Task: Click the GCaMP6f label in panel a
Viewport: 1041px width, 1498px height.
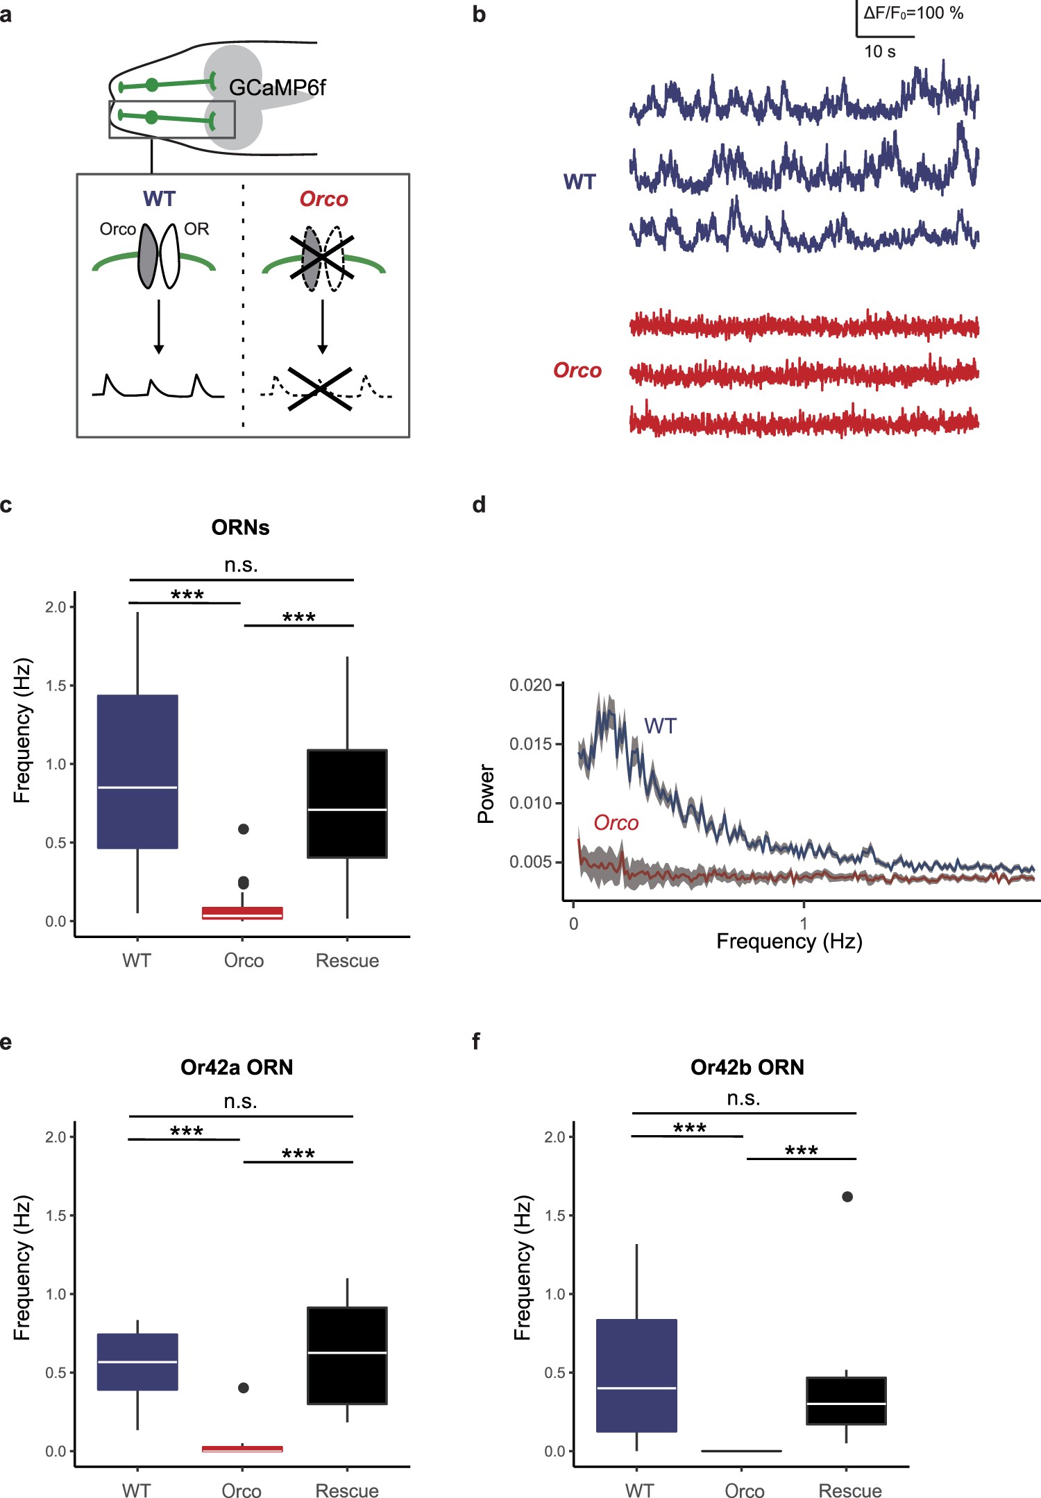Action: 277,88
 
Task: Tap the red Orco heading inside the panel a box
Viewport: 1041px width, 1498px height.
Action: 323,199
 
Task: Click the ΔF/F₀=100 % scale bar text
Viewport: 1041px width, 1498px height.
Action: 913,13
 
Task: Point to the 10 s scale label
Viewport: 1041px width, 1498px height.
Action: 879,52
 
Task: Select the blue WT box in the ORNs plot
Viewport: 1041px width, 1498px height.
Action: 137,771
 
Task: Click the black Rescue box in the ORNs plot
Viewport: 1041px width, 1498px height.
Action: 347,803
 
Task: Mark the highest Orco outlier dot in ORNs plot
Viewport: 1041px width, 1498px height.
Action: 244,828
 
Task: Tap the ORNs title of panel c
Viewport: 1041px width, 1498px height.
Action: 240,527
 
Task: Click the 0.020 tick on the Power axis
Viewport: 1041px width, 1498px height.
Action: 530,686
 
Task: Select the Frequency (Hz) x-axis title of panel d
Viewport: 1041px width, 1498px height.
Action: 789,942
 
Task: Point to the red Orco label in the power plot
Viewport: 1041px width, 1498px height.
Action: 616,823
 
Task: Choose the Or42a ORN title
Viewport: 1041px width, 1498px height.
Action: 237,1066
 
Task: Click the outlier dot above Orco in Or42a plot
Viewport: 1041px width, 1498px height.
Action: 244,1388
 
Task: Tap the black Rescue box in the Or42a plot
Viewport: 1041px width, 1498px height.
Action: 347,1355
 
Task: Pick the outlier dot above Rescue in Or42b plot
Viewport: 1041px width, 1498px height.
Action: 847,1197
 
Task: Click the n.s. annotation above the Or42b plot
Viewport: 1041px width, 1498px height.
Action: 743,1098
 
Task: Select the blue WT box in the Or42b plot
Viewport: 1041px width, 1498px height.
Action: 636,1375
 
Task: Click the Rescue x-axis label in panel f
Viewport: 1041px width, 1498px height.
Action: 849,1491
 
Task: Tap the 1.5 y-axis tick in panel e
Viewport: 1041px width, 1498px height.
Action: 55,1216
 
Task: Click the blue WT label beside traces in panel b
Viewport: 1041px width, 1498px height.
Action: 579,182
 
